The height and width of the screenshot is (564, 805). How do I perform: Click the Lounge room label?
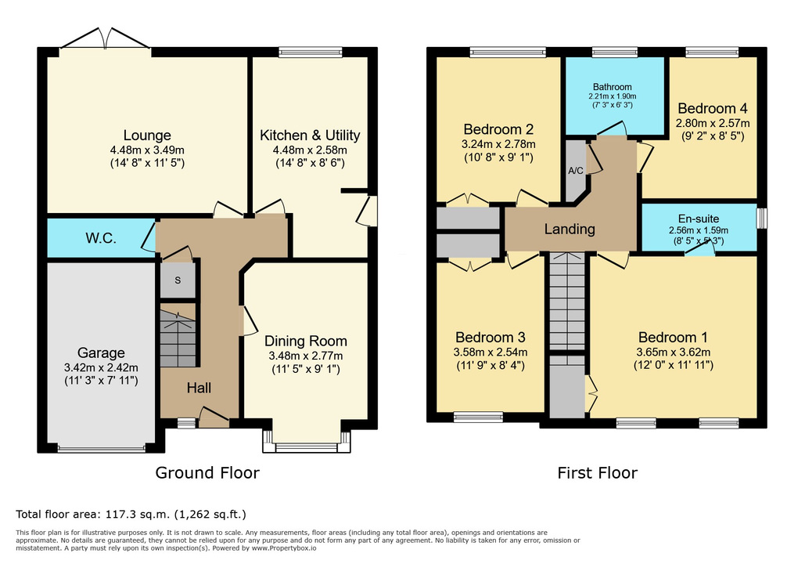point(147,136)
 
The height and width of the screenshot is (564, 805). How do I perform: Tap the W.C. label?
point(101,238)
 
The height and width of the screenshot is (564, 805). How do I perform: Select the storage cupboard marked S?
point(178,280)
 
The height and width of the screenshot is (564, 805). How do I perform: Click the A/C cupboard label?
point(576,171)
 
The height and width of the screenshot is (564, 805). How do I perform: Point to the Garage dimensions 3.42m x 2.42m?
point(101,367)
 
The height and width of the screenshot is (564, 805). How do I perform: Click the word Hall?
point(199,388)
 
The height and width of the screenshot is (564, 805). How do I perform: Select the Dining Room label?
point(305,341)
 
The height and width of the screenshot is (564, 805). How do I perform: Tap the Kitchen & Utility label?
point(310,136)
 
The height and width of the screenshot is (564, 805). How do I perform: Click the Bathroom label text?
point(613,87)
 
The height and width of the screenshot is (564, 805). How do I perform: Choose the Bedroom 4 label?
point(713,108)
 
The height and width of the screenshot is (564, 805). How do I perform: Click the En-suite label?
point(698,219)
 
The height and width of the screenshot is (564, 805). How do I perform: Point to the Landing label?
point(570,230)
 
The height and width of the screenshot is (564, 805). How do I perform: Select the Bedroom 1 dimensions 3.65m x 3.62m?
point(674,352)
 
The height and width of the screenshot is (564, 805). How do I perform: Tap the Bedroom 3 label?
point(491,338)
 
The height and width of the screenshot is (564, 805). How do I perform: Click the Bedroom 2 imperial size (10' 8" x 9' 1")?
point(498,157)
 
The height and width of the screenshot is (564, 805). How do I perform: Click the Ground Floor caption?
point(207,472)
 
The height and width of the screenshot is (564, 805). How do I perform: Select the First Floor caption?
point(598,472)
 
